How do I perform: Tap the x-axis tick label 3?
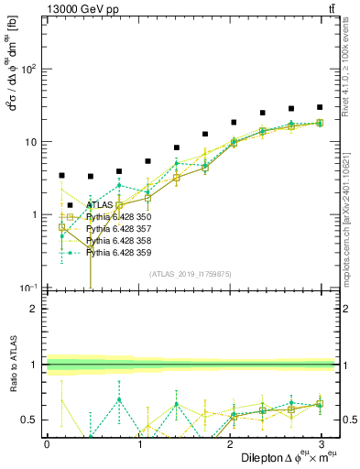(322, 442)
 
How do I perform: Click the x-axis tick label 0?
(47, 442)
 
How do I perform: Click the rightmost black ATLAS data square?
(320, 107)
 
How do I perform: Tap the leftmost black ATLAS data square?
(61, 175)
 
